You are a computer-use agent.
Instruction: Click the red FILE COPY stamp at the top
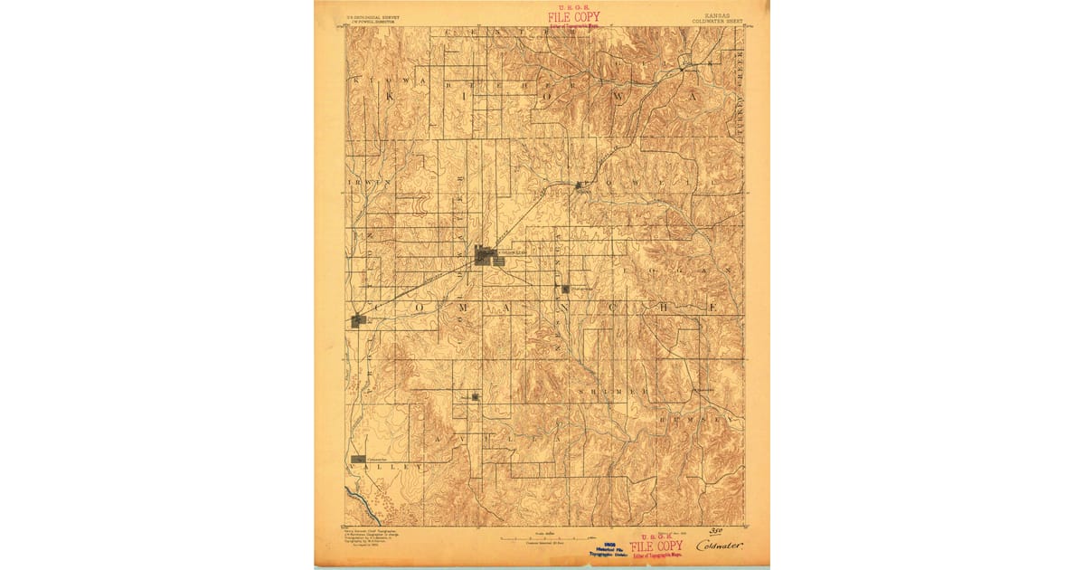573,17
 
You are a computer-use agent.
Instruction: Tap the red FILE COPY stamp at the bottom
656,546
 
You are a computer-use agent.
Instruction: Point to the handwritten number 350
716,531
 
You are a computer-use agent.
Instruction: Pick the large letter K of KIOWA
392,94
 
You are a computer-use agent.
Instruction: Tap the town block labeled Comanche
359,460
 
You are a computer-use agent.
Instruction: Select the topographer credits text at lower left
371,535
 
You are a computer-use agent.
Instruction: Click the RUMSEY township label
695,421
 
